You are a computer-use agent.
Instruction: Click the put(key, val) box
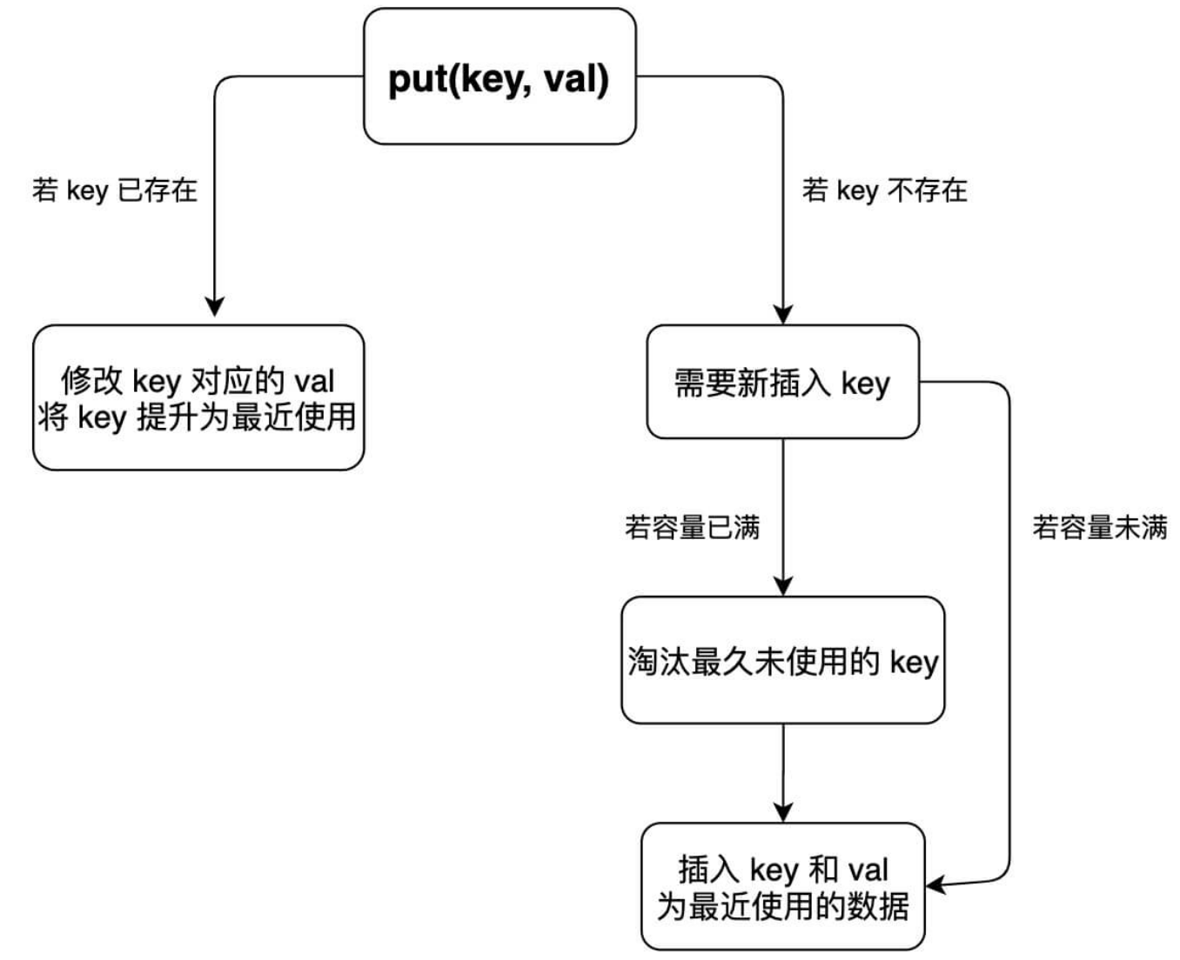499,77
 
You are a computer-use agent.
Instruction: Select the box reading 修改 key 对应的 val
198,398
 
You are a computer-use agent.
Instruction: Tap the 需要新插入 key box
782,382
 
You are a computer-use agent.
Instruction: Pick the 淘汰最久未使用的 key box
782,660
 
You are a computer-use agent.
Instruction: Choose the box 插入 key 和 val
782,886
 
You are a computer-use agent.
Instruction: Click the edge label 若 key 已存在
115,190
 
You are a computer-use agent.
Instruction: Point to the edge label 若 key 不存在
884,190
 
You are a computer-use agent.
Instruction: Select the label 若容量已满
692,527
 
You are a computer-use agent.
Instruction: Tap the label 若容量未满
1100,527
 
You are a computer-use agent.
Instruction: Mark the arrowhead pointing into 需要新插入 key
783,314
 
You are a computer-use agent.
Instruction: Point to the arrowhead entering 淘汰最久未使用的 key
783,585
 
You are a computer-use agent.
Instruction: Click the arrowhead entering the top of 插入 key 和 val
783,812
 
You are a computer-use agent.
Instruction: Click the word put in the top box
419,79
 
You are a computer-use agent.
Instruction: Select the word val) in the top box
576,79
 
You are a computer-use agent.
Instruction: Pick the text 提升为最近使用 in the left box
246,417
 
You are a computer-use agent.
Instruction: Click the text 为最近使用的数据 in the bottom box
782,906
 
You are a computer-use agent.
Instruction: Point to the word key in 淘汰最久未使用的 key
914,662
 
